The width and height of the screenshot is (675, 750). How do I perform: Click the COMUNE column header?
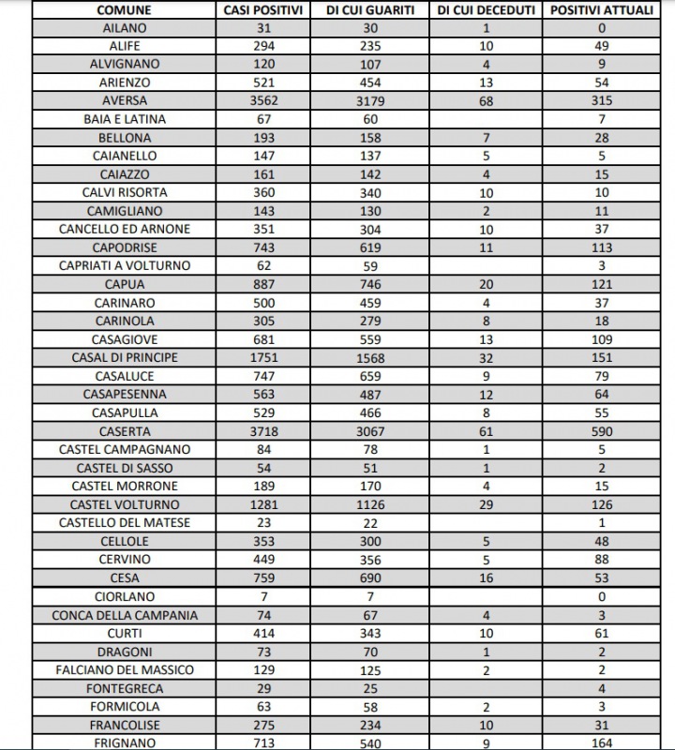[x=124, y=10]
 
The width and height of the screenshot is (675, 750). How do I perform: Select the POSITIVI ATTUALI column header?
[x=601, y=10]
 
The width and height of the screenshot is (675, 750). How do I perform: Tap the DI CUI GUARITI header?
[x=370, y=10]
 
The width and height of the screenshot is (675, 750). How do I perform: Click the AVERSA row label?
[x=124, y=101]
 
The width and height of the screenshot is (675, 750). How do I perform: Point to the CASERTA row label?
[x=124, y=431]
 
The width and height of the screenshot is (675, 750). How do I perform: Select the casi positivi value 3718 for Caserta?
[x=263, y=431]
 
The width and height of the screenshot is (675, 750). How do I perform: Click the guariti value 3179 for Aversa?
[x=370, y=101]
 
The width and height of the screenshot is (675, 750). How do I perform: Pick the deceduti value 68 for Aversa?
[x=486, y=101]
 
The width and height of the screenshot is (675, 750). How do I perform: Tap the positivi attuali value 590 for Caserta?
[x=601, y=431]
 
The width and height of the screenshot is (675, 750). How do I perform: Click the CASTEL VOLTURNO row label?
[x=124, y=504]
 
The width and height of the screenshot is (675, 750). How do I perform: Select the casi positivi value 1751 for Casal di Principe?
[x=263, y=357]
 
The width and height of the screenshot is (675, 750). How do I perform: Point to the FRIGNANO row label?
[x=124, y=743]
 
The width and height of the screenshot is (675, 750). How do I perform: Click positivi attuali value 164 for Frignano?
[x=601, y=743]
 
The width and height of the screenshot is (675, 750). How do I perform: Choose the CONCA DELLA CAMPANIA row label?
[x=124, y=615]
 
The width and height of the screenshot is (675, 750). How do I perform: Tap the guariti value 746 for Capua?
[x=370, y=284]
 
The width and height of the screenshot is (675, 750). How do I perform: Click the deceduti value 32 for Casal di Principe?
[x=486, y=357]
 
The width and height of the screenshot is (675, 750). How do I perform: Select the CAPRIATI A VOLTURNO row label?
[x=124, y=265]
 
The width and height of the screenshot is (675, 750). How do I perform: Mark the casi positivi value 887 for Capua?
[x=263, y=284]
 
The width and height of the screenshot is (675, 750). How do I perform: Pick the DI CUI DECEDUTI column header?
[x=486, y=10]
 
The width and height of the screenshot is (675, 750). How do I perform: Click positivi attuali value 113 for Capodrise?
[x=601, y=247]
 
